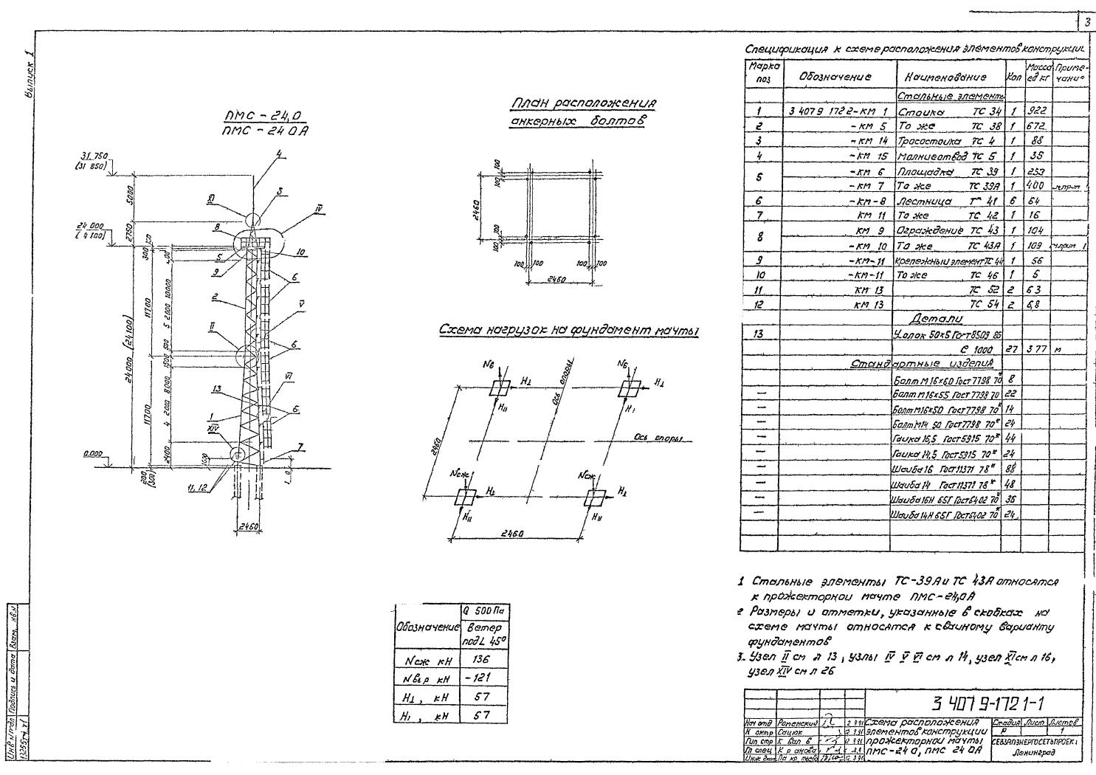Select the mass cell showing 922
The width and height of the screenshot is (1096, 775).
click(x=1036, y=111)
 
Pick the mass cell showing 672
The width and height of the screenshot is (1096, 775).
click(x=1036, y=126)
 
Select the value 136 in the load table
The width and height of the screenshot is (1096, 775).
click(x=480, y=658)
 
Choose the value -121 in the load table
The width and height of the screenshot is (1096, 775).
click(x=479, y=678)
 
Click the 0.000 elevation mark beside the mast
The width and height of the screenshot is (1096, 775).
click(x=92, y=454)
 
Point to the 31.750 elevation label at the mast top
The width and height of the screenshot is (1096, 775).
click(x=95, y=156)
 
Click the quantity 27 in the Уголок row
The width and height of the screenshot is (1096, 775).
click(x=1014, y=349)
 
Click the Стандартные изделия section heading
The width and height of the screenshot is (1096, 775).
click(x=922, y=363)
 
